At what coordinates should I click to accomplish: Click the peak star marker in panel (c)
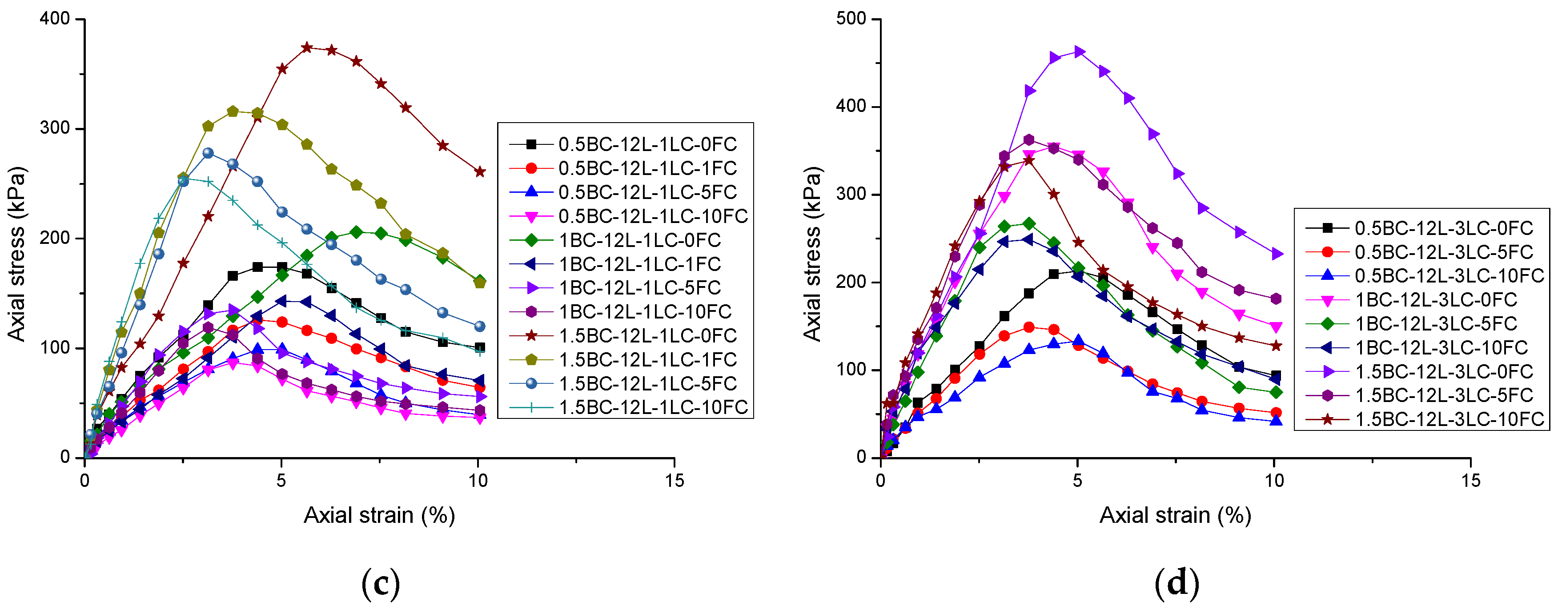(x=307, y=47)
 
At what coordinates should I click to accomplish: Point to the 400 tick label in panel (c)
(x=55, y=19)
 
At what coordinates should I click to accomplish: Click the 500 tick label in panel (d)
(x=851, y=19)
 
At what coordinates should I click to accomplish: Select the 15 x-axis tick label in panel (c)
(x=674, y=481)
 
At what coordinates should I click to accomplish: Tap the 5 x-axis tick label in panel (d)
(x=1077, y=481)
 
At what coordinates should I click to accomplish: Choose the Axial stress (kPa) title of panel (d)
(x=812, y=255)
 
